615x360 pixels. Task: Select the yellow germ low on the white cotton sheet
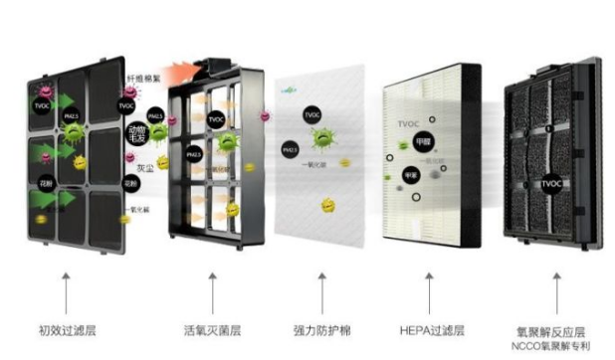pos(325,206)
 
